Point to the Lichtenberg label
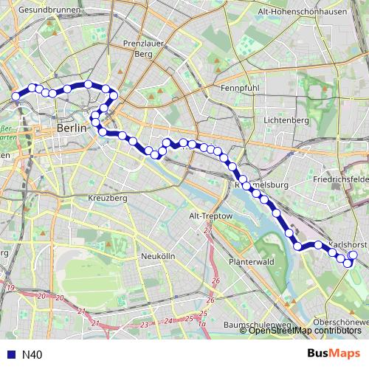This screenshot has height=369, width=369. click(286, 120)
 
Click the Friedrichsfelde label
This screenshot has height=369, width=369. click(340, 179)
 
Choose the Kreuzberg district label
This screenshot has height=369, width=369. click(108, 199)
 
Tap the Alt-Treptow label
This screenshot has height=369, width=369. click(211, 215)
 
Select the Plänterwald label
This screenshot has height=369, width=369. click(252, 261)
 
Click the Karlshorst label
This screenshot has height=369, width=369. click(347, 244)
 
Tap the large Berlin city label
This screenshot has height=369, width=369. click(72, 128)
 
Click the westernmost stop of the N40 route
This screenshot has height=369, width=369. click(15, 96)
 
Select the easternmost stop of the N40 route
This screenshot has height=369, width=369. click(353, 255)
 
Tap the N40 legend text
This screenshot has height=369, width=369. click(32, 354)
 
